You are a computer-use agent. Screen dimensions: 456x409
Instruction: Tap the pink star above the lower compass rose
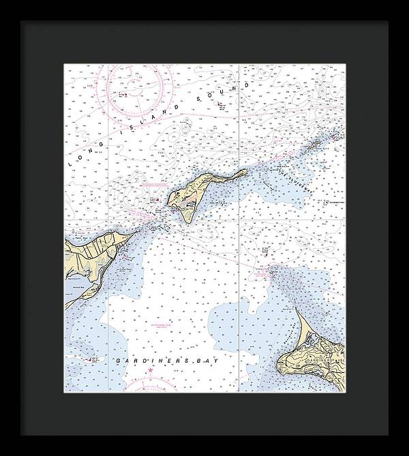(151, 371)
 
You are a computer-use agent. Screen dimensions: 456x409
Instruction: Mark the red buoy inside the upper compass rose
(123, 95)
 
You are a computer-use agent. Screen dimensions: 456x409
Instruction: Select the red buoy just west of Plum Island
(158, 200)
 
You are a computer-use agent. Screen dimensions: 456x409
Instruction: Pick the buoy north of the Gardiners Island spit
(271, 268)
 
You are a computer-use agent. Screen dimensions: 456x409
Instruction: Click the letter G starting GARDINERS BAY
(119, 360)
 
